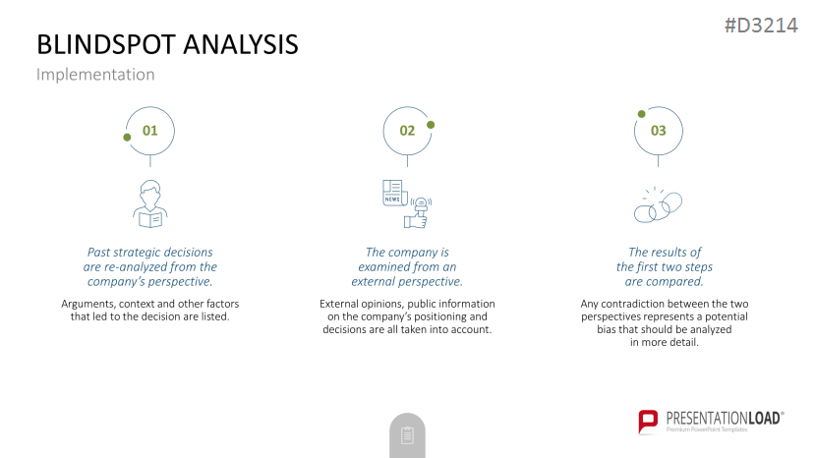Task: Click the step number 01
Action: tap(149, 131)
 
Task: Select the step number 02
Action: tap(407, 131)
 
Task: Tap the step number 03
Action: tap(658, 131)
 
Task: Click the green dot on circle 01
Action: tap(127, 138)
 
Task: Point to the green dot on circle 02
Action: tap(431, 125)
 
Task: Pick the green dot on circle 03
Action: tap(641, 114)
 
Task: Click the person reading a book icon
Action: tap(149, 203)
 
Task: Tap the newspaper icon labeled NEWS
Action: tap(394, 193)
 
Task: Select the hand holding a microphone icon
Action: tap(419, 212)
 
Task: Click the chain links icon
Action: tap(658, 204)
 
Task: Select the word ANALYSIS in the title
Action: tap(241, 44)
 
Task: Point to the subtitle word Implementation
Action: tap(95, 75)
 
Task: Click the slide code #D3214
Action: tap(761, 26)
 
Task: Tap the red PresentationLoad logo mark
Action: tap(648, 421)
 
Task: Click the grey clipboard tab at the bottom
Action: tap(407, 435)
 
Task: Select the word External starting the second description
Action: tap(340, 304)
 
